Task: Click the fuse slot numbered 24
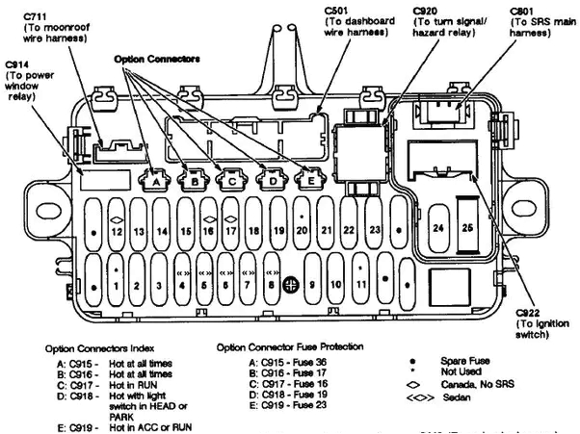point(437,227)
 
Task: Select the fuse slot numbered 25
point(467,227)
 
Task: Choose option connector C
point(232,179)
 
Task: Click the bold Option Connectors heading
point(157,59)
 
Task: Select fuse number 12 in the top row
point(116,231)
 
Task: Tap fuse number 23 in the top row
point(374,231)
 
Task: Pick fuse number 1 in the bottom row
point(116,285)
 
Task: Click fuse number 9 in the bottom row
point(313,286)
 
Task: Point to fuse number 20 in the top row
point(302,231)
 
